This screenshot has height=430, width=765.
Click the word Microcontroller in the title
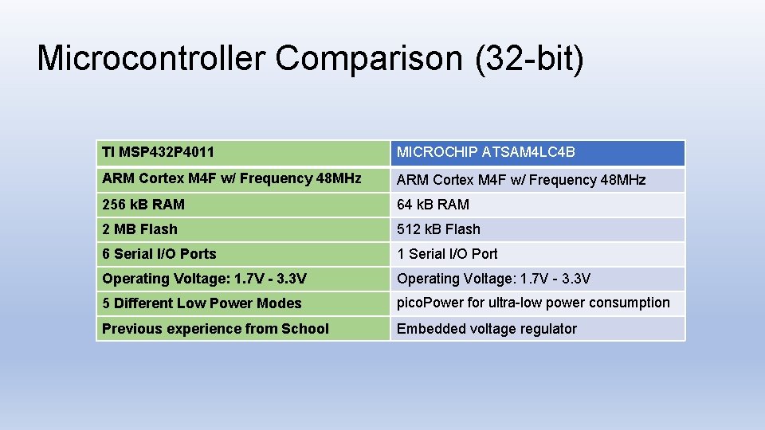[x=151, y=59]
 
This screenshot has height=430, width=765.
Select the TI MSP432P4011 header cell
[x=243, y=152]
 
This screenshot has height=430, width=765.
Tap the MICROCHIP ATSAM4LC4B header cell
[x=537, y=152]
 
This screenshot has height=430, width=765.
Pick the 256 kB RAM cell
[x=243, y=205]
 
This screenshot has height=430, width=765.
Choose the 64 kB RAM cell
[x=537, y=205]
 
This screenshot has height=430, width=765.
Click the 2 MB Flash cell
[x=243, y=229]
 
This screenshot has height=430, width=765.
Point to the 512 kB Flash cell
[x=537, y=229]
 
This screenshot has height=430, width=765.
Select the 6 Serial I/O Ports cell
[x=243, y=254]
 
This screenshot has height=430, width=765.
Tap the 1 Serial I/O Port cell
[x=537, y=254]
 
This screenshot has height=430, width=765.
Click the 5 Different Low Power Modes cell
[x=243, y=303]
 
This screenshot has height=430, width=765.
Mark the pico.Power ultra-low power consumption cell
[x=537, y=303]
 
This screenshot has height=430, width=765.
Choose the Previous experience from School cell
[x=243, y=329]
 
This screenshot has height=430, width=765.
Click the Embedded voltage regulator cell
[x=537, y=329]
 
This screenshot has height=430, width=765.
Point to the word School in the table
[x=305, y=329]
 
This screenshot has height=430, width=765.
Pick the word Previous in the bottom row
[x=130, y=329]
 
